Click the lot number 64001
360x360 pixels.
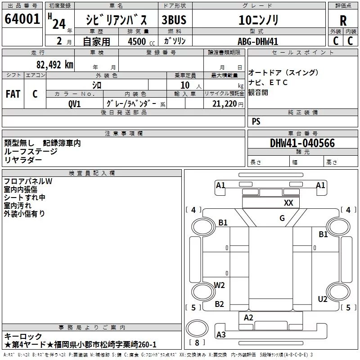pos(22,19)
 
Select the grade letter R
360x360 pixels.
pos(343,21)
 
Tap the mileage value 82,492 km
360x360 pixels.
pos(54,65)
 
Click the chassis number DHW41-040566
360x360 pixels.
pos(302,143)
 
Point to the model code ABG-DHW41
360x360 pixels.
pos(258,41)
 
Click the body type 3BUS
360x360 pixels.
pos(174,20)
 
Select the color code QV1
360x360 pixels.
pos(75,104)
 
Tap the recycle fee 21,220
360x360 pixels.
pos(223,104)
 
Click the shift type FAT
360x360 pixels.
pos(13,94)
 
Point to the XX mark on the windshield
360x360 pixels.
pos(288,203)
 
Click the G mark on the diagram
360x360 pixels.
pos(282,218)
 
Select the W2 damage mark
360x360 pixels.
pos(220,285)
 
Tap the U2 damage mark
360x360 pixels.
pos(323,299)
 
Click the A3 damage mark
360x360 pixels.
pos(221,334)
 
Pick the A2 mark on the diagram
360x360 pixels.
pos(248,317)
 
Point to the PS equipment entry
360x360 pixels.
pos(256,121)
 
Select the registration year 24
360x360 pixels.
pos(58,23)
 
